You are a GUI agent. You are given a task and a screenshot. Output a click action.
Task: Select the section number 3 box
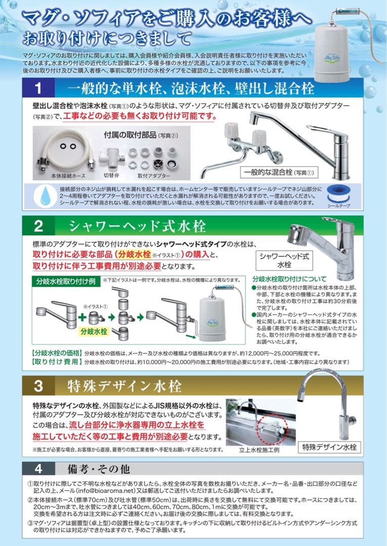tap(38, 386)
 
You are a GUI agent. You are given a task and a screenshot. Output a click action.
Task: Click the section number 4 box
tap(38, 467)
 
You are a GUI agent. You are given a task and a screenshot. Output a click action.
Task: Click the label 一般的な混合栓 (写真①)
tap(278, 172)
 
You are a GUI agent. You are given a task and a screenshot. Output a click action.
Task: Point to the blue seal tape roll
tap(338, 193)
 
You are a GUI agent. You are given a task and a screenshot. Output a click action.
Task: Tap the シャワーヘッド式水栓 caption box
tap(284, 260)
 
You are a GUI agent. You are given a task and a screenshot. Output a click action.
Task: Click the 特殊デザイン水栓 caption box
tap(330, 446)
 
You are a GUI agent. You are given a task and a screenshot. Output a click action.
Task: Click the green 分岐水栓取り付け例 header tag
tap(64, 281)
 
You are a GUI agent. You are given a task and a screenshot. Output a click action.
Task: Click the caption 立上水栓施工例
tap(259, 449)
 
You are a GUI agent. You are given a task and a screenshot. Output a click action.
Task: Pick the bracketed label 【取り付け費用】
tap(56, 361)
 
